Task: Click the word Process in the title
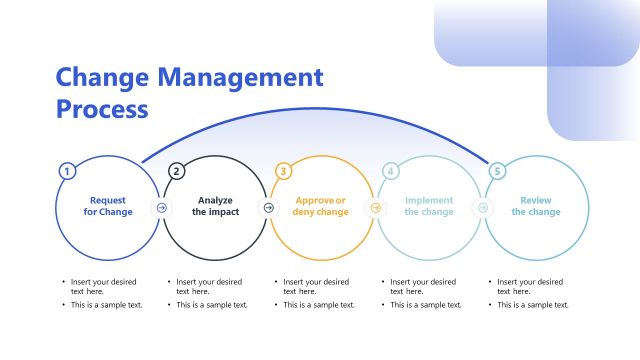102,108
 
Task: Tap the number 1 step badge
67,171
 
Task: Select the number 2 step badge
177,171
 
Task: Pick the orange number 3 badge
283,171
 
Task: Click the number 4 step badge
391,171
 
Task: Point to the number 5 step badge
497,171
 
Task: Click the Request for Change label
108,206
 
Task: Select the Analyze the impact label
215,206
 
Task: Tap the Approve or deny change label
321,206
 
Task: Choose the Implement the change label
429,206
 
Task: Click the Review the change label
536,206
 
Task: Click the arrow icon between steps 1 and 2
162,208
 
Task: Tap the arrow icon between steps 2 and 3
268,208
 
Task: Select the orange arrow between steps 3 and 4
375,208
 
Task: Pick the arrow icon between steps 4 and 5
482,208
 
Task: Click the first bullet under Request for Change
101,286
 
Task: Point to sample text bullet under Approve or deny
318,305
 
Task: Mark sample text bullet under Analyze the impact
211,305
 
